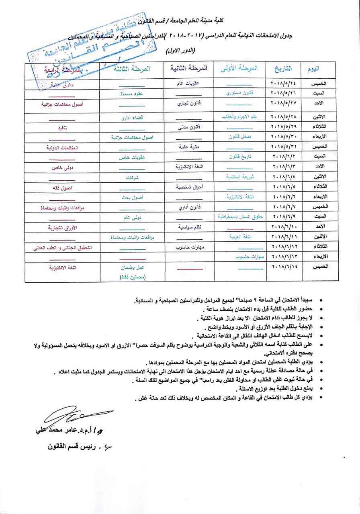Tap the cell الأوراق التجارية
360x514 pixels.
pos(62,228)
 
